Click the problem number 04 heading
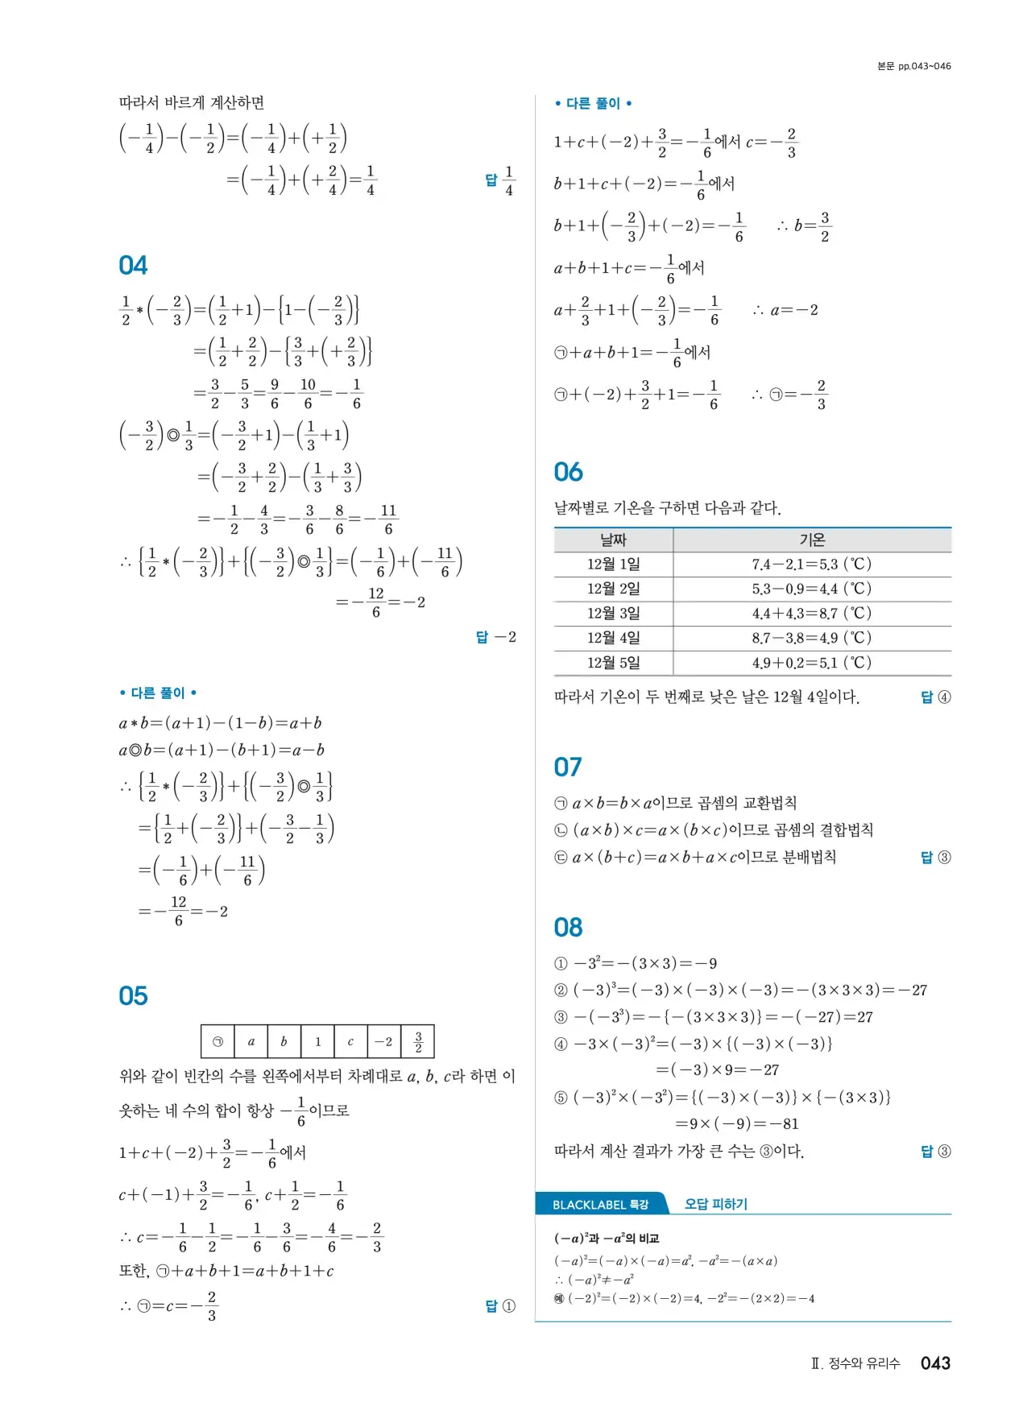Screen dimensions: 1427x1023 click(x=133, y=266)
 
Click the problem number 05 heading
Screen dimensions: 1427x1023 click(x=133, y=996)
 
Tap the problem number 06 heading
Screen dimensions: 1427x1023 click(x=568, y=472)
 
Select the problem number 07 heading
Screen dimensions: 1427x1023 click(x=568, y=767)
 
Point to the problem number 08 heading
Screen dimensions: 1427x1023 click(x=568, y=928)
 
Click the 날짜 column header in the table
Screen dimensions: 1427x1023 click(x=613, y=540)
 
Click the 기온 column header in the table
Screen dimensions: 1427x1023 click(x=811, y=540)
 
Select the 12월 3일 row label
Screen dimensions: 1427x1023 click(x=613, y=614)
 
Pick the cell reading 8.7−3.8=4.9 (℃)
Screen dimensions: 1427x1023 click(x=811, y=639)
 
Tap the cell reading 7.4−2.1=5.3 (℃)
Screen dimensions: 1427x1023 click(x=811, y=565)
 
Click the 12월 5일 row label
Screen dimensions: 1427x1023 click(x=613, y=663)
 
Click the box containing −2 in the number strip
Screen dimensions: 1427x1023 click(x=384, y=1041)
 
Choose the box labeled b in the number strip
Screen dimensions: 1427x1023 click(x=284, y=1041)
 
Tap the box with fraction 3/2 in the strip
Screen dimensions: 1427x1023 click(x=418, y=1041)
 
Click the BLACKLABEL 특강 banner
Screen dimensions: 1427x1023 click(x=601, y=1205)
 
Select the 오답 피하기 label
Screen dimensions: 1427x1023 click(x=715, y=1204)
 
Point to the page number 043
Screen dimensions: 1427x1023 click(x=935, y=1363)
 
